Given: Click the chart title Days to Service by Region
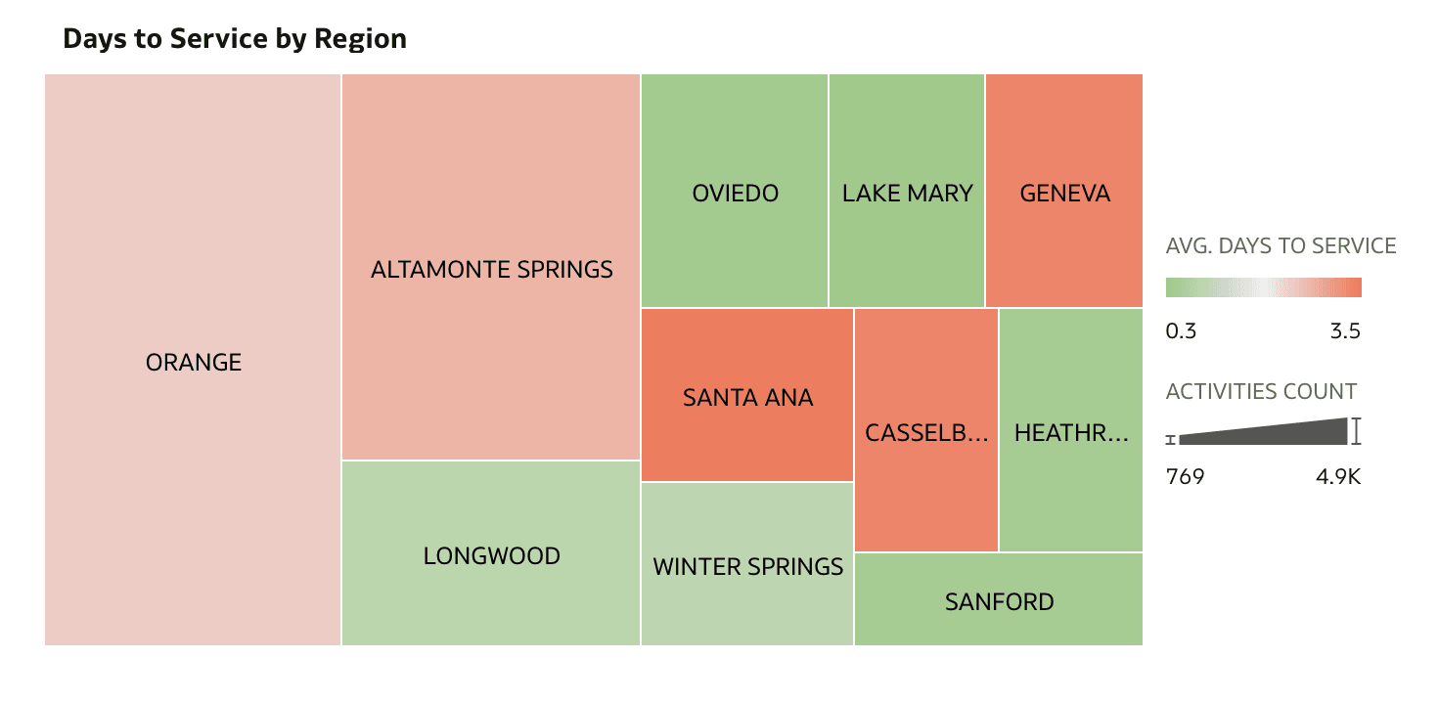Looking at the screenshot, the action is [x=235, y=39].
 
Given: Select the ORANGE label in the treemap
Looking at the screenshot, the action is [x=194, y=363].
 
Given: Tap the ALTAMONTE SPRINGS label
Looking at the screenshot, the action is [x=492, y=269].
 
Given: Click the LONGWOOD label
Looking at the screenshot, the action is [x=492, y=556].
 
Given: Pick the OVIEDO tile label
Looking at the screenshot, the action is [x=736, y=193].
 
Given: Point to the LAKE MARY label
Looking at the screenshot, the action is [x=908, y=193].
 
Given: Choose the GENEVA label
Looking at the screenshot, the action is [x=1065, y=193].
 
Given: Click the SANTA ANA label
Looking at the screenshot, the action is [x=748, y=398].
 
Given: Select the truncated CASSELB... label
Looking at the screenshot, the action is [x=926, y=432].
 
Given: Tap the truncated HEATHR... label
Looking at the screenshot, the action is [x=1071, y=432].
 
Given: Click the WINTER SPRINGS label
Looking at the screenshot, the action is [x=748, y=566].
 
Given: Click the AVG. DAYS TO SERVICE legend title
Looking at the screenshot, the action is [x=1281, y=246].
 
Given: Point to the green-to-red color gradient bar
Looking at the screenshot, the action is [x=1263, y=287].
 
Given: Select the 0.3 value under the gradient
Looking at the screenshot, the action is [x=1181, y=331].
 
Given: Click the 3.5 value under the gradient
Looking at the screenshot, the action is [x=1345, y=331].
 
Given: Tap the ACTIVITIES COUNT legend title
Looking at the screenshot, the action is [x=1262, y=392].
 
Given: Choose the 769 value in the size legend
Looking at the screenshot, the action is [x=1186, y=477].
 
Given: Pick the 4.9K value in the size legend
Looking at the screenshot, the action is [x=1338, y=477].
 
